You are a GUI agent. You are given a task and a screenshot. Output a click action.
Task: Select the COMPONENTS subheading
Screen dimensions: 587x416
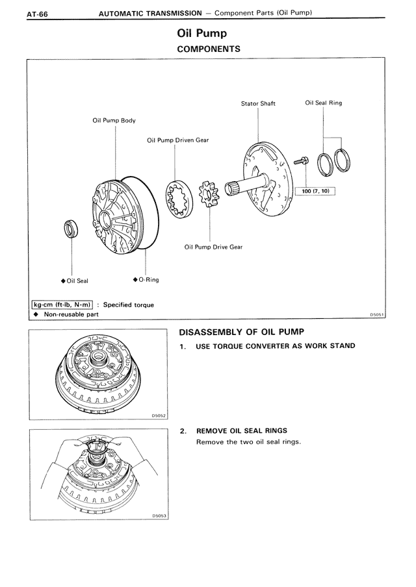tap(209, 49)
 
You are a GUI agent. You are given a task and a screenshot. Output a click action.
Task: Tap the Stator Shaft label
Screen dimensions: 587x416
tap(258, 103)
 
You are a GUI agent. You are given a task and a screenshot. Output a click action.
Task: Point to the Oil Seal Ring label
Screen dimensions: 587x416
tap(323, 103)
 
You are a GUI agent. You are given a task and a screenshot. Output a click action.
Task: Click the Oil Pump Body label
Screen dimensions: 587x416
tap(114, 120)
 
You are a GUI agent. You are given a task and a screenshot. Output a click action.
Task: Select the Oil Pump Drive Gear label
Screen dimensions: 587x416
tap(214, 247)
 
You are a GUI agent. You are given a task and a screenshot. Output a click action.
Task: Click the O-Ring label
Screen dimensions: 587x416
tap(148, 280)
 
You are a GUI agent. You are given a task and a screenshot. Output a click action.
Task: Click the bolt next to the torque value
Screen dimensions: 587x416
tap(300, 160)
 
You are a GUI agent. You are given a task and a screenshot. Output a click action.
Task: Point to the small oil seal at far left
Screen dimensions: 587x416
tap(70, 229)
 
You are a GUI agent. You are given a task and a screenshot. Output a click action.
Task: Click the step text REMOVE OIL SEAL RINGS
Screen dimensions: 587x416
tap(241, 431)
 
